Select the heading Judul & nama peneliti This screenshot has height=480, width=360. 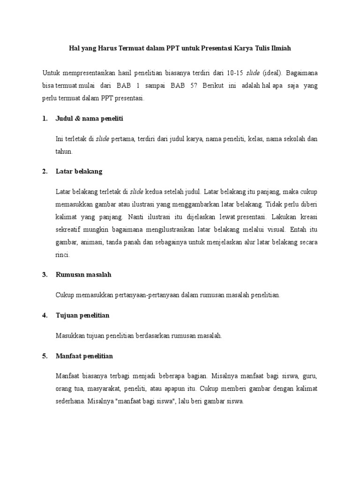pos(89,119)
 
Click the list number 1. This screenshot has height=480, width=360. pos(45,119)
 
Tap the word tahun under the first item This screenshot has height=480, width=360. pos(64,152)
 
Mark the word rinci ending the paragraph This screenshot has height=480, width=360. pos(63,255)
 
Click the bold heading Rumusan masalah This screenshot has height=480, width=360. pos(83,275)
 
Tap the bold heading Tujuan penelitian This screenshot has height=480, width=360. pos(82,315)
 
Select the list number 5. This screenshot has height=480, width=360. pos(45,356)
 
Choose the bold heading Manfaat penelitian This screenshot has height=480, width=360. pos(84,356)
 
